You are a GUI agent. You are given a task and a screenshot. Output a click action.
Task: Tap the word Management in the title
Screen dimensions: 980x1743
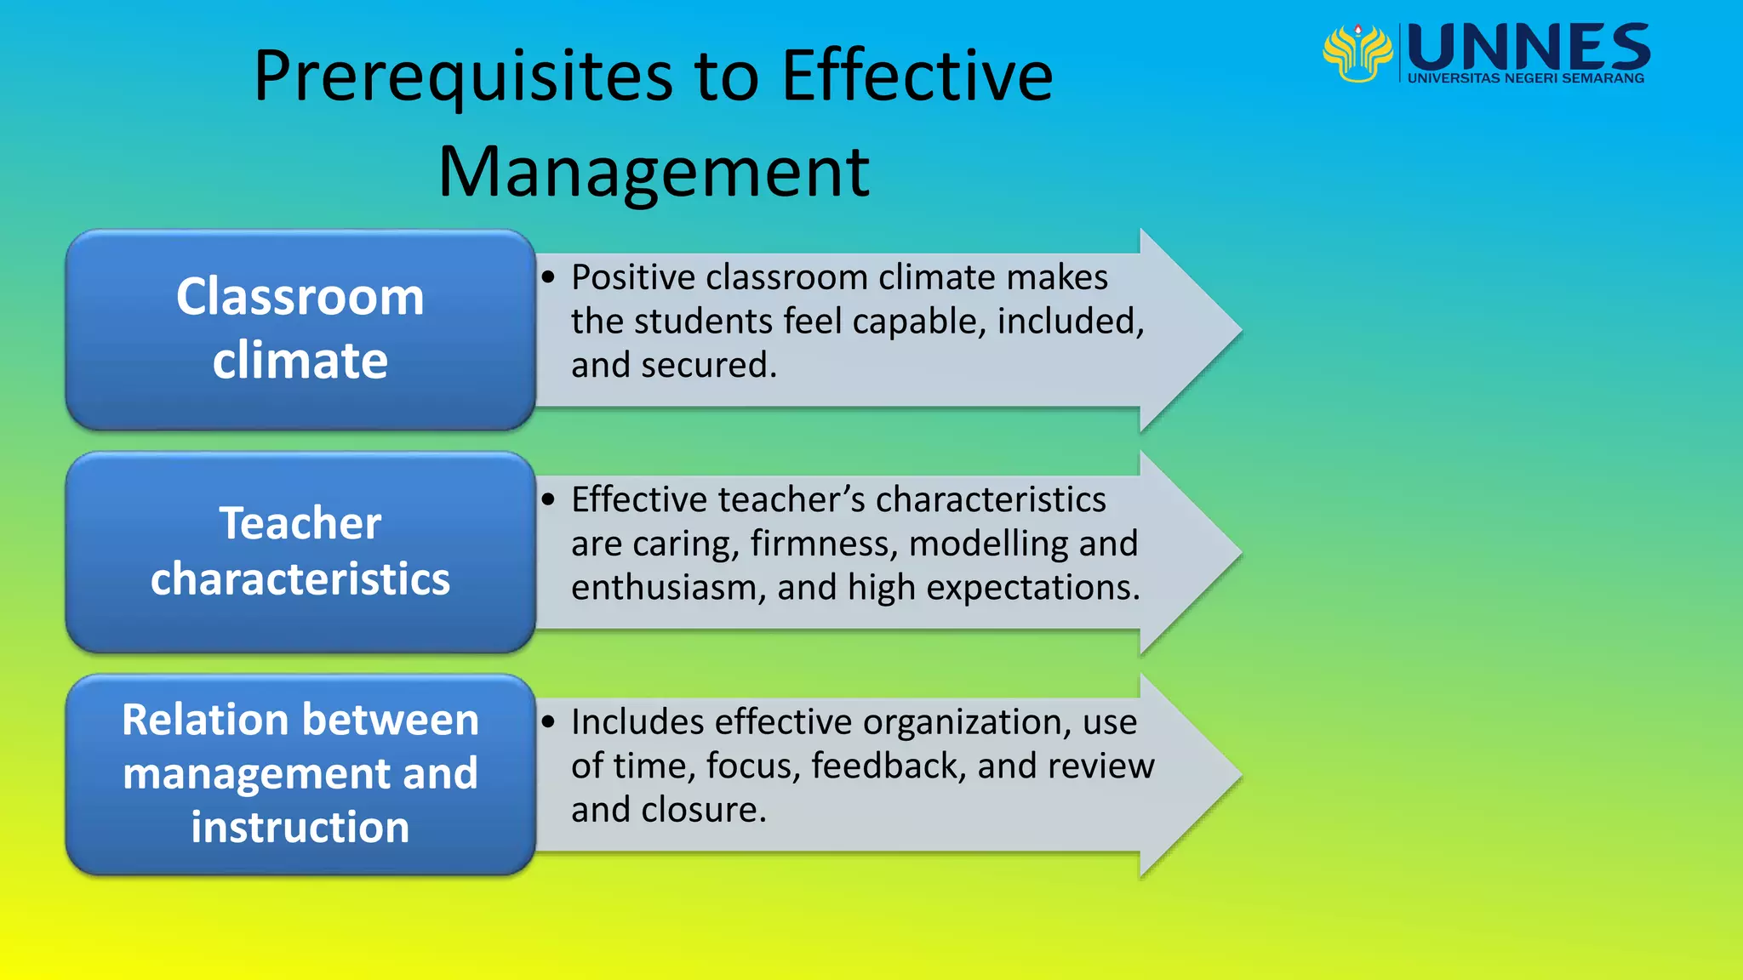tap(653, 173)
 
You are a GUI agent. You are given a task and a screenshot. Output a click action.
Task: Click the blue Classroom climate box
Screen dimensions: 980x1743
tap(300, 329)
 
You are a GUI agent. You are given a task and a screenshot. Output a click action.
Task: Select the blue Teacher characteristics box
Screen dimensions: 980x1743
tap(300, 551)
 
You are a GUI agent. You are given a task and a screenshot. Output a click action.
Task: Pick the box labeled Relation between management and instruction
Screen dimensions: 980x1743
tap(300, 773)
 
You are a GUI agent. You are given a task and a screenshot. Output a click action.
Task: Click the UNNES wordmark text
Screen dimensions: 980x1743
tap(1529, 48)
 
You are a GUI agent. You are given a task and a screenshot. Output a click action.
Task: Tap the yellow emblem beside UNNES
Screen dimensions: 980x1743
tap(1357, 53)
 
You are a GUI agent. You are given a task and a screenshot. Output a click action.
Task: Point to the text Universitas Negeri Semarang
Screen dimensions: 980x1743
tap(1525, 78)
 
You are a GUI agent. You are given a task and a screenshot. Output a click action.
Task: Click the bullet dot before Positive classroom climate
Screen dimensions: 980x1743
tap(548, 277)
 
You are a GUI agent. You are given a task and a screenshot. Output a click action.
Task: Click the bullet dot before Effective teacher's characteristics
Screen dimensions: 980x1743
tap(548, 499)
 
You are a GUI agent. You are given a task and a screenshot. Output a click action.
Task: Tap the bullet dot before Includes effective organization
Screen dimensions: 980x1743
tap(548, 722)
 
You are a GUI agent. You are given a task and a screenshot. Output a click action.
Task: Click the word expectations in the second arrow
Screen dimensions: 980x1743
tap(1032, 588)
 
